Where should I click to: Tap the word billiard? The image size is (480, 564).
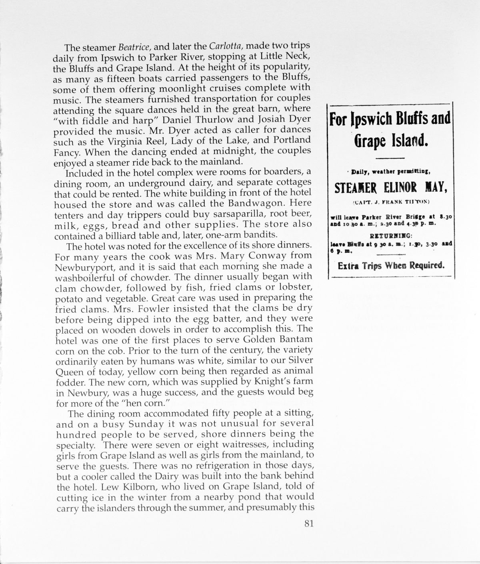pyautogui.click(x=140, y=234)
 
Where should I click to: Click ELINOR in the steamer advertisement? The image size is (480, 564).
pyautogui.click(x=389, y=187)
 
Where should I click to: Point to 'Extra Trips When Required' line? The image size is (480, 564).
pyautogui.click(x=390, y=266)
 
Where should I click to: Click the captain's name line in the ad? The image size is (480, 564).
pyautogui.click(x=389, y=201)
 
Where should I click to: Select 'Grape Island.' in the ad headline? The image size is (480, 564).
pyautogui.click(x=389, y=141)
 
